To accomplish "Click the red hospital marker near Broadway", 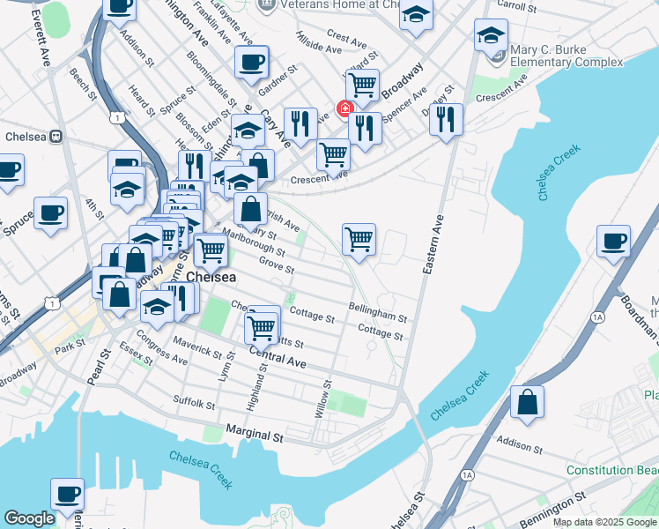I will tap(344, 109).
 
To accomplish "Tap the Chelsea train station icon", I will tap(55, 138).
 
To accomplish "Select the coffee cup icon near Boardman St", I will tap(613, 241).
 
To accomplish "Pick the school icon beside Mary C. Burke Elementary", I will tap(491, 36).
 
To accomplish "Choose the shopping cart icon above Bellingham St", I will tap(359, 238).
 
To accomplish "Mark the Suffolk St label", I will tap(195, 405).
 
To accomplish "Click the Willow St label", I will tap(323, 399).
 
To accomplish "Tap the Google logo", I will tap(29, 518).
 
